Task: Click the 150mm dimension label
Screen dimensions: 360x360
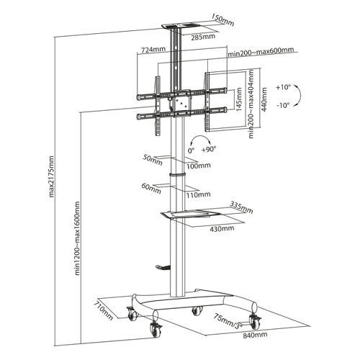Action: pos(222,19)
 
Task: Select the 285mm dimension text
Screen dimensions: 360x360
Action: pos(203,37)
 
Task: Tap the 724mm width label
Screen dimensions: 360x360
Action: pos(153,50)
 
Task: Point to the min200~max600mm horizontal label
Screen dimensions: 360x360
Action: pos(261,51)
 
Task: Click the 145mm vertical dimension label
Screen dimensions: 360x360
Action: pos(239,99)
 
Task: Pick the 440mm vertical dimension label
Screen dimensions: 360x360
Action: pos(264,99)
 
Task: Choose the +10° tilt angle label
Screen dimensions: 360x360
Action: pos(284,87)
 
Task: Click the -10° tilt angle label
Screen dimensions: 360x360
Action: pos(284,105)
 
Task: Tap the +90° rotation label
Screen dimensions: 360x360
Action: pos(209,149)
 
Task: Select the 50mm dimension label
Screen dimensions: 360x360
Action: pos(153,160)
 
